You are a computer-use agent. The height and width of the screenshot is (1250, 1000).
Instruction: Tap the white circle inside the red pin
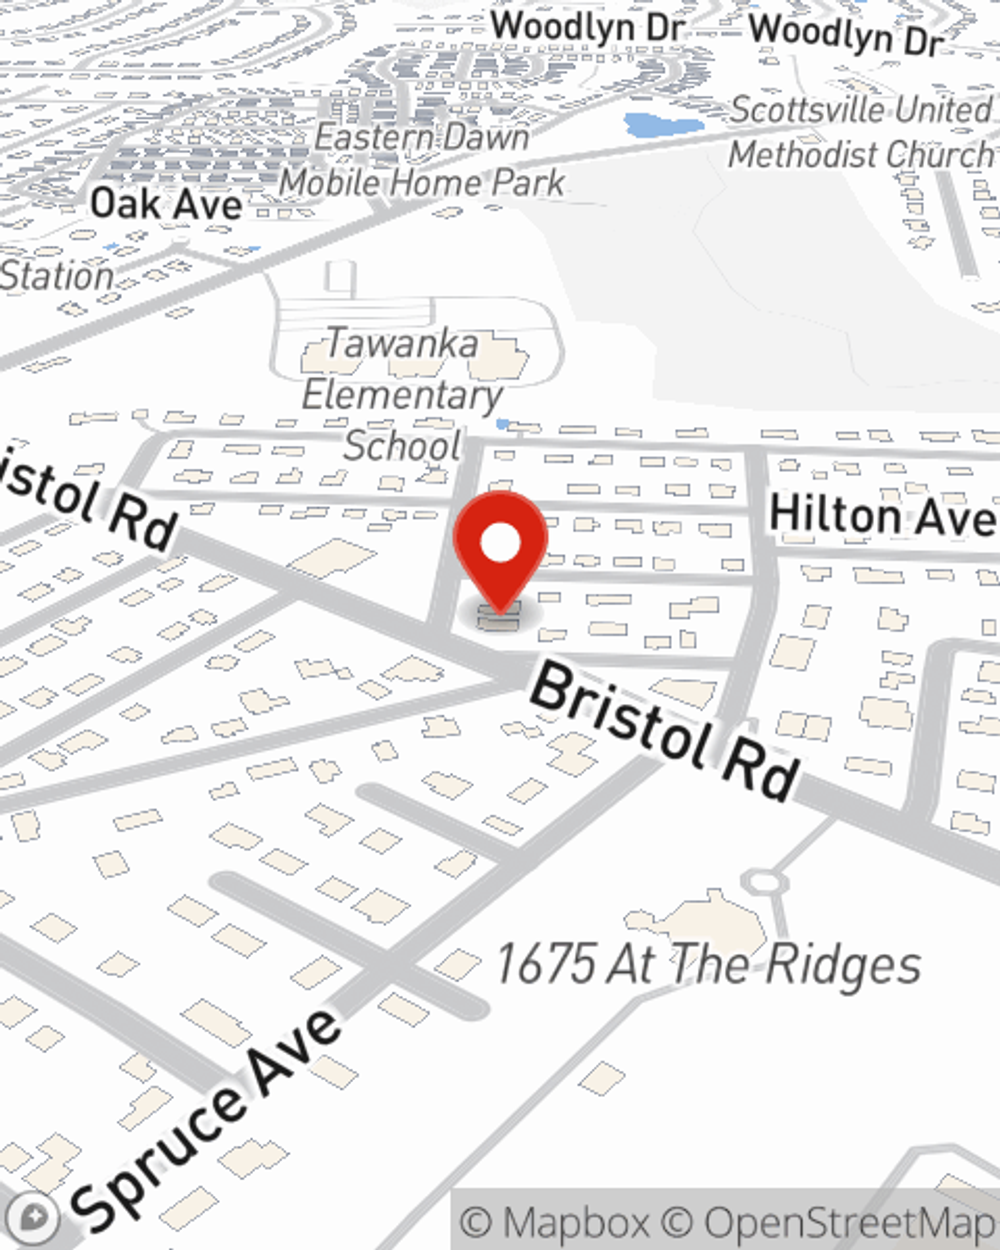click(x=500, y=544)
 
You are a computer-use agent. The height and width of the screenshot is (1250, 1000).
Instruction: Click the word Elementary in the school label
click(x=402, y=395)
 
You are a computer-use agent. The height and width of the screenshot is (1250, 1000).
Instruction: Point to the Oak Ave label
click(x=166, y=204)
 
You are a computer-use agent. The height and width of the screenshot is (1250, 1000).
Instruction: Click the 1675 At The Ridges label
click(x=708, y=965)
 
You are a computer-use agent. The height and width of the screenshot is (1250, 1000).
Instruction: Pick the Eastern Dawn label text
click(x=421, y=137)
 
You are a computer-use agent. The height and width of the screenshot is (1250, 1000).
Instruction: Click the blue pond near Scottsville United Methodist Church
click(x=649, y=126)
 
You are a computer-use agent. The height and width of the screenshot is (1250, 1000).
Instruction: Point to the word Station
click(x=56, y=276)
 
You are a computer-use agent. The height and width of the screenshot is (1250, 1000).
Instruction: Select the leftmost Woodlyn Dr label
click(x=587, y=27)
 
